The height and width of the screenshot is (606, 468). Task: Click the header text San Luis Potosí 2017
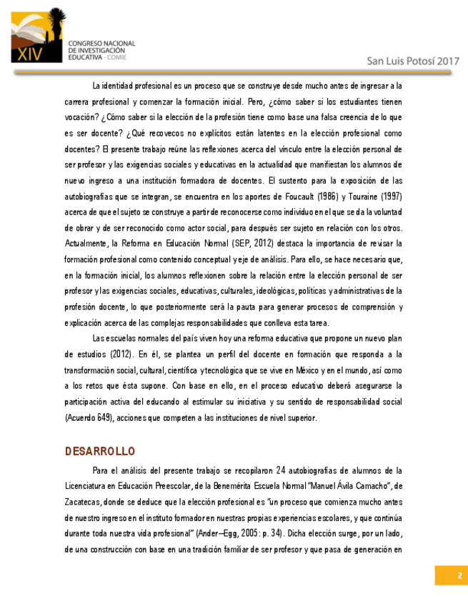coord(413,61)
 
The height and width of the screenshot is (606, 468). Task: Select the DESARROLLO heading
coord(99,452)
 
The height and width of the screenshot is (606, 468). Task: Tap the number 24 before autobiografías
coord(282,470)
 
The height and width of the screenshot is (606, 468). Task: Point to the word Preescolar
coord(180,486)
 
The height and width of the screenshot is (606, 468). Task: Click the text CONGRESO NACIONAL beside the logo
coord(101,44)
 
